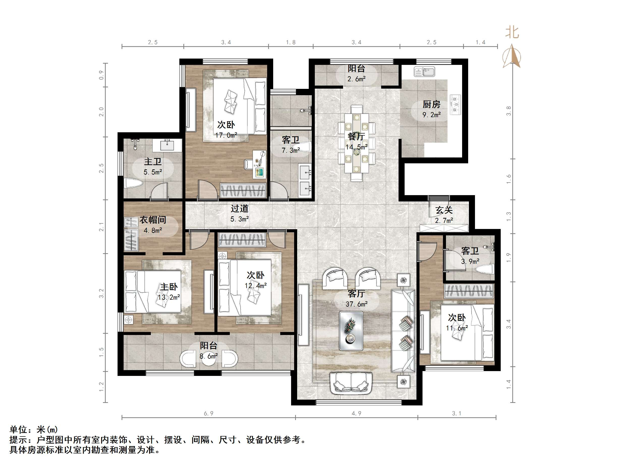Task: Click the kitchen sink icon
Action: point(424,72)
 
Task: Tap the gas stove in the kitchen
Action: point(455,105)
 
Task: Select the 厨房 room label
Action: point(431,104)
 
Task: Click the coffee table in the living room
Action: point(351,331)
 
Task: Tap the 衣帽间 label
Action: point(153,220)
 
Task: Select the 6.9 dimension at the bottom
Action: point(208,413)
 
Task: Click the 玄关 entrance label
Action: point(444,210)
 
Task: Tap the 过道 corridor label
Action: point(239,208)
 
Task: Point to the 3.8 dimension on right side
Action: point(509,111)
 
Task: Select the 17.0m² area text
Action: point(226,135)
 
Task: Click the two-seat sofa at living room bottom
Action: point(351,383)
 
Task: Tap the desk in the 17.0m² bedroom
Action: point(260,164)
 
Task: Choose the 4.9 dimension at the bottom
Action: point(356,413)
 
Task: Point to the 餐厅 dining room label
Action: point(356,137)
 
